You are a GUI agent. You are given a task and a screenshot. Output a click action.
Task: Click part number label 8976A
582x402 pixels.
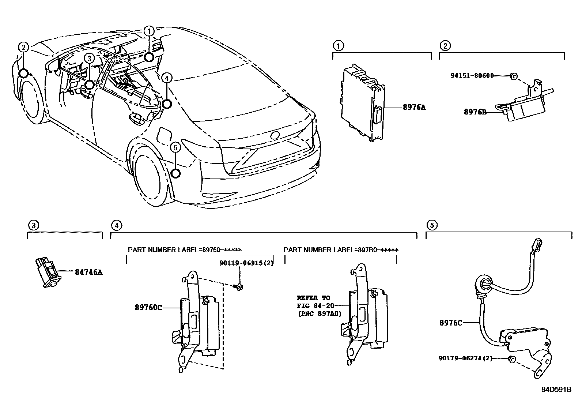(x=414, y=108)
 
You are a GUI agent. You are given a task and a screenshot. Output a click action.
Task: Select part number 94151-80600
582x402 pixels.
(x=472, y=76)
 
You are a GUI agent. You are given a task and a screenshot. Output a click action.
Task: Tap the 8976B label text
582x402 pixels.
(x=475, y=112)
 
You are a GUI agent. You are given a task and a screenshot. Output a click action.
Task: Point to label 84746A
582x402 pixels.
(x=88, y=272)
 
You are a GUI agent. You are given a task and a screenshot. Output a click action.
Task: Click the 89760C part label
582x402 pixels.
(x=149, y=308)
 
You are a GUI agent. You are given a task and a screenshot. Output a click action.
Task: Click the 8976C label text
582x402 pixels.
(x=451, y=323)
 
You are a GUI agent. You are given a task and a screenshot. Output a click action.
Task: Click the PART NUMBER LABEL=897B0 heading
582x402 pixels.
(x=341, y=250)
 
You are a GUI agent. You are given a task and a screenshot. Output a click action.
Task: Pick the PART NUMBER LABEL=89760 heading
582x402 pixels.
(x=185, y=250)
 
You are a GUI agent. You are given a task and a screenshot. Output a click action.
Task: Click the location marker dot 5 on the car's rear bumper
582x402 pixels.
(x=176, y=173)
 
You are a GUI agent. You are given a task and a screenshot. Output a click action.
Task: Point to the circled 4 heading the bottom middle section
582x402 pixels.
(x=116, y=225)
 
